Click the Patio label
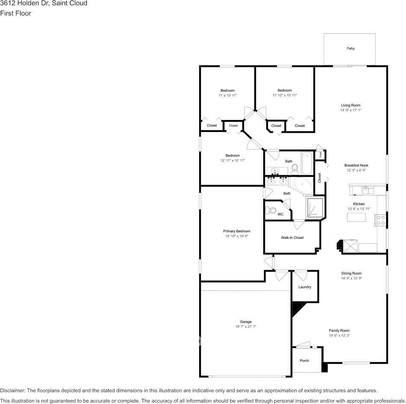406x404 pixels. tap(350, 49)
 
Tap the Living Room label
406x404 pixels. tap(350, 105)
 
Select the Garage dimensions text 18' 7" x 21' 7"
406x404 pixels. tap(246, 327)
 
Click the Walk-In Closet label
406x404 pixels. tap(292, 237)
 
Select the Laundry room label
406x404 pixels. tap(305, 287)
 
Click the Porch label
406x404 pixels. tap(304, 360)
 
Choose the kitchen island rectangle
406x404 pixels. tap(357, 217)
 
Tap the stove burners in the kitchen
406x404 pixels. tap(380, 220)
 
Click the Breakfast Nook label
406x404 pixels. tap(356, 165)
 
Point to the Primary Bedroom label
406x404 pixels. tap(237, 231)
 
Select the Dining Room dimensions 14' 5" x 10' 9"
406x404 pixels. tap(351, 278)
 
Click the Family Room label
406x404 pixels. tap(339, 330)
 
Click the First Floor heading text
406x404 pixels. tap(15, 13)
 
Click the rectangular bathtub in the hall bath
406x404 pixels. tap(307, 163)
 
